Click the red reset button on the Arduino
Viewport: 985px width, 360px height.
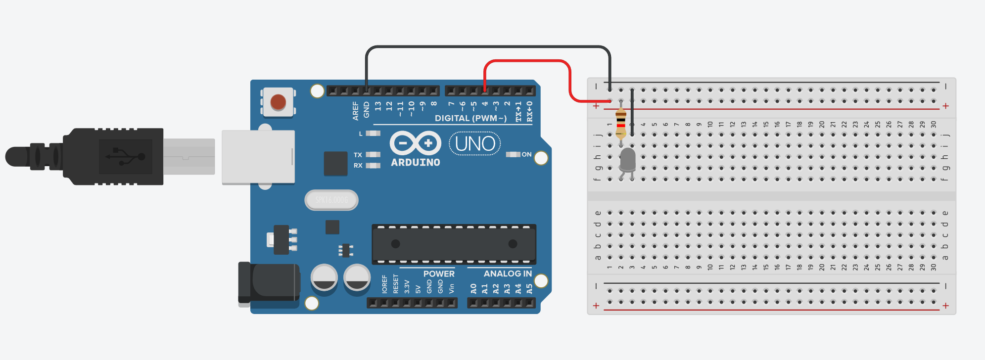tap(278, 102)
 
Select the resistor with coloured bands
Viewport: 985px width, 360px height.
tap(621, 124)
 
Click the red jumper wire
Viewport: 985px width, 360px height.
tap(527, 61)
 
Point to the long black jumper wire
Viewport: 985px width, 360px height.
tap(487, 47)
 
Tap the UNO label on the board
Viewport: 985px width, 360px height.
tap(475, 144)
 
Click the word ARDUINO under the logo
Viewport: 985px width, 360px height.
tap(415, 163)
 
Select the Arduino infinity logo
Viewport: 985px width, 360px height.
tap(415, 143)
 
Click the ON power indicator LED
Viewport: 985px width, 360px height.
tap(513, 155)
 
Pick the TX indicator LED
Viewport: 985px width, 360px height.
tap(373, 155)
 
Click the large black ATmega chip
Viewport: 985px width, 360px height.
tap(454, 244)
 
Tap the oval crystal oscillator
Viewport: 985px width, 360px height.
tap(331, 200)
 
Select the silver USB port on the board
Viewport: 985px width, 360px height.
tap(258, 157)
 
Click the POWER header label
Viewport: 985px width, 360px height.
tap(439, 274)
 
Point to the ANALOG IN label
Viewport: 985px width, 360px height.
tap(508, 274)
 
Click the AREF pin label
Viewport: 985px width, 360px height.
tap(355, 111)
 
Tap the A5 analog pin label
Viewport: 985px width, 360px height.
tap(529, 288)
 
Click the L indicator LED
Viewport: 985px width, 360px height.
tap(373, 134)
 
